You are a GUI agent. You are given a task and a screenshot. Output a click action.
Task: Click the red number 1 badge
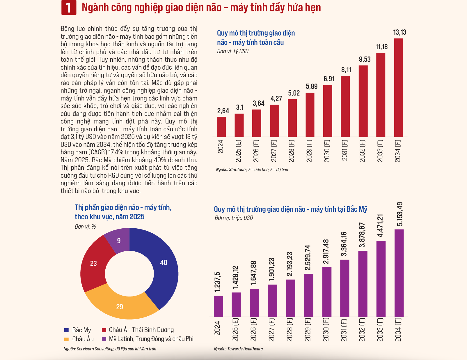coord(69,8)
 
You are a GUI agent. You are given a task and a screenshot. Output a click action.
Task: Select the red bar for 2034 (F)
coord(398,88)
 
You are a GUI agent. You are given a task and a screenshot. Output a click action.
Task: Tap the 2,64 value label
coord(223,111)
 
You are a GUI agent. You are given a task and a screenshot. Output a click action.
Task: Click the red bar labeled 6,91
coord(328,111)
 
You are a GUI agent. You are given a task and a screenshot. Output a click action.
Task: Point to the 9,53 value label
coord(365,59)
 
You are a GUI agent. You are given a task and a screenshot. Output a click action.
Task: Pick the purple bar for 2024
coord(218,306)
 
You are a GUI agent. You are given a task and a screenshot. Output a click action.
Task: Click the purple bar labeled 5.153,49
coord(399,273)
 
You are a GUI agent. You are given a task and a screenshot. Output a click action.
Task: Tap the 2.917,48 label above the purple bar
coord(326,252)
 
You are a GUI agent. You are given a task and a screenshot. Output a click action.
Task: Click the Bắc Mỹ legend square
coord(66,330)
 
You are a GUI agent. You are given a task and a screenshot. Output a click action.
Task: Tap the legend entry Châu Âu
coord(79,339)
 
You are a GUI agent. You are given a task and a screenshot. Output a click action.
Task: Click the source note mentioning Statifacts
coord(252,170)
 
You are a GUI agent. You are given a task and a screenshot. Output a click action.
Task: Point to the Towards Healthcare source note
coord(238,349)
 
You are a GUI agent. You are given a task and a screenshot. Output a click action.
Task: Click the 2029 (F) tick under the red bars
coord(309,151)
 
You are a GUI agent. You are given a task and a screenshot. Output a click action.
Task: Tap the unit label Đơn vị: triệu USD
coord(234,218)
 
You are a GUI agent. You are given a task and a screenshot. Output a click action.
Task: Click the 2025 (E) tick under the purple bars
coord(235,330)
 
